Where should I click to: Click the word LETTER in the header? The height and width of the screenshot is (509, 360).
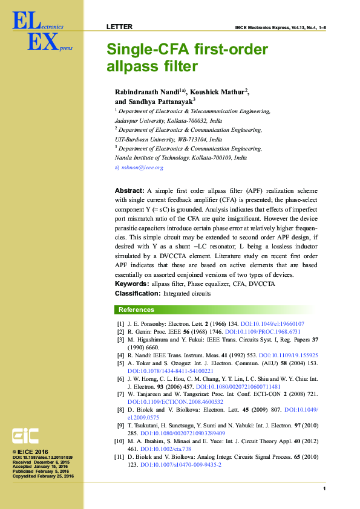[119, 27]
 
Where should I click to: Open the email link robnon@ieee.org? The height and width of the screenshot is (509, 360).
[142, 167]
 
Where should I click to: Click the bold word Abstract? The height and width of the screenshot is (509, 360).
[129, 191]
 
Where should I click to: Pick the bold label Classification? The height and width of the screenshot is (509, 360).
[137, 293]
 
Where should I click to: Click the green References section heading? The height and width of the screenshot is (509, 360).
[136, 310]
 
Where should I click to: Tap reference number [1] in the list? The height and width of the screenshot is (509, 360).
[120, 324]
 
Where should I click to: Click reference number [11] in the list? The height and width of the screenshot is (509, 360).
[119, 458]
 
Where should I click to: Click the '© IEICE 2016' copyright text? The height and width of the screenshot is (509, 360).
[30, 452]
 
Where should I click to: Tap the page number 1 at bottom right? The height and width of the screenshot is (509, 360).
[324, 488]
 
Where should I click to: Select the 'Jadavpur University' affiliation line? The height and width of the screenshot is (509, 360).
[168, 121]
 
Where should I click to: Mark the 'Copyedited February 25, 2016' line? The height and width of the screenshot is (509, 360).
[43, 476]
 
